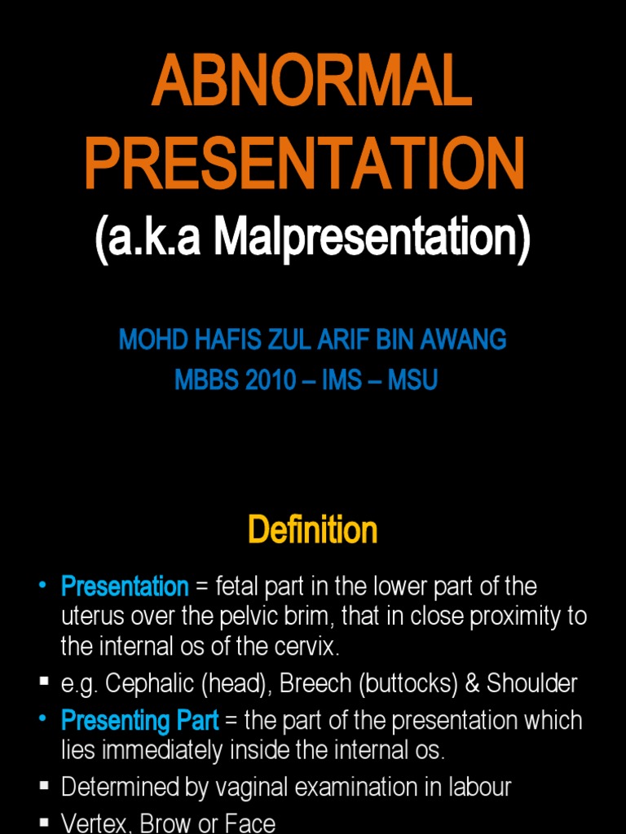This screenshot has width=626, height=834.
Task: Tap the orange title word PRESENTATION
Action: click(304, 164)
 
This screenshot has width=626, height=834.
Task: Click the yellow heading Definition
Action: click(312, 530)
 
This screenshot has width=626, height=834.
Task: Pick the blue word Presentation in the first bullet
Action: click(125, 586)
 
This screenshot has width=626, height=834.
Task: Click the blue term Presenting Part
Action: click(139, 720)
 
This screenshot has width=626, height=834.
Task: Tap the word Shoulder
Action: click(531, 683)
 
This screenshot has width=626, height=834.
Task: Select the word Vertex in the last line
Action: click(89, 823)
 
